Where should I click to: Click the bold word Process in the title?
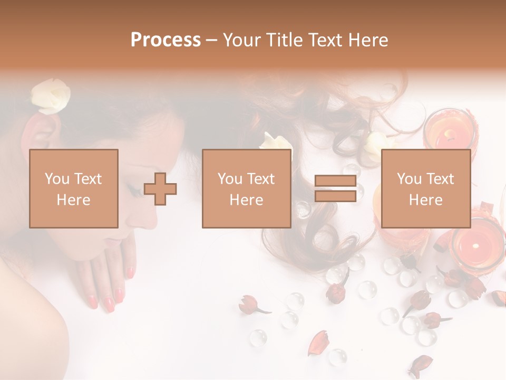[x=166, y=40]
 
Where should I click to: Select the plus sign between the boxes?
[x=160, y=189]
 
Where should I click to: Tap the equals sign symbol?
[x=335, y=189]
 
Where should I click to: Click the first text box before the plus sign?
[x=74, y=189]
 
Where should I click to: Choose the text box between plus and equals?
[x=246, y=189]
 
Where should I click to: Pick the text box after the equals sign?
[x=425, y=189]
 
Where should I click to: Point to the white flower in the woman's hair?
[x=50, y=97]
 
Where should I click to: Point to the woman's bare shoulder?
[x=26, y=317]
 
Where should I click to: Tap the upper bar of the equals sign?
[x=335, y=181]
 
